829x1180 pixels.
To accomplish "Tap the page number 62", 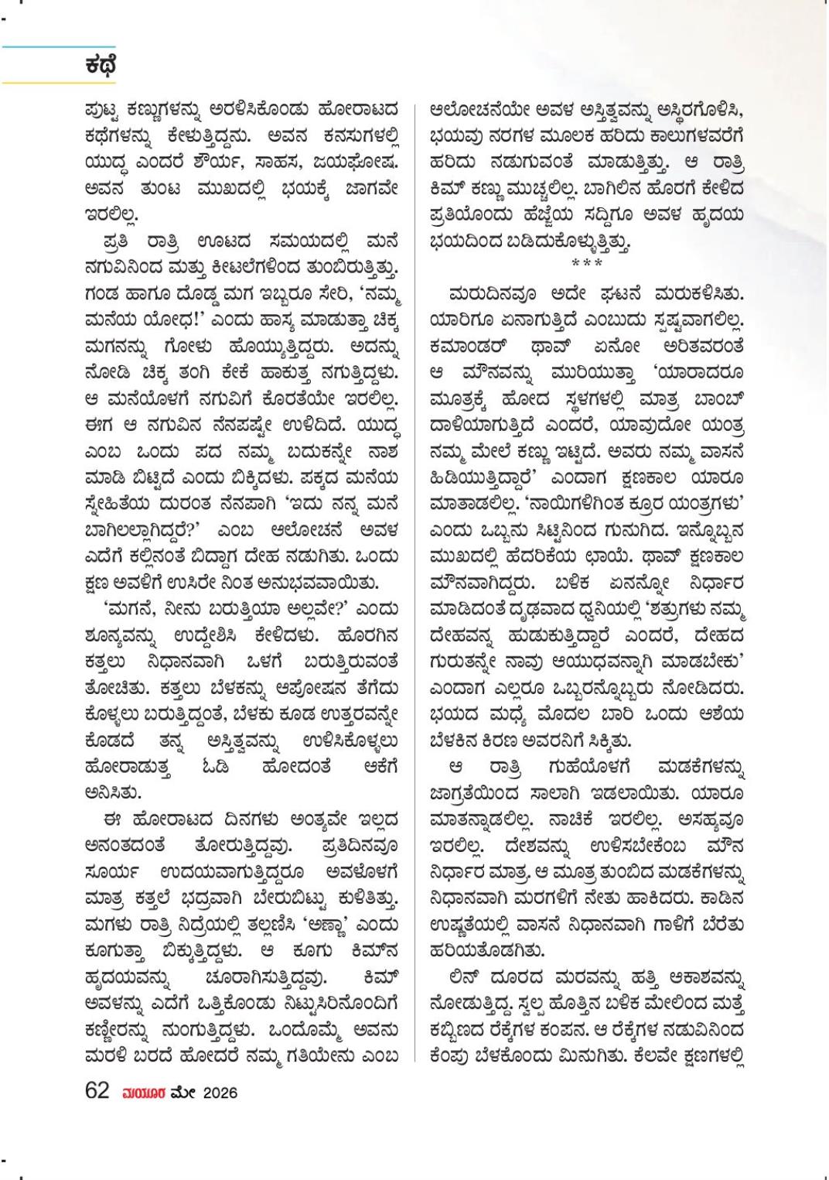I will pos(97,1091).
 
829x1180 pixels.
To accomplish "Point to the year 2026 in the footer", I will pos(220,1093).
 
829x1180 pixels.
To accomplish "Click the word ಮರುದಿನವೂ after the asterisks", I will pos(486,295).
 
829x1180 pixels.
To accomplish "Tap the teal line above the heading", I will pos(59,47).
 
